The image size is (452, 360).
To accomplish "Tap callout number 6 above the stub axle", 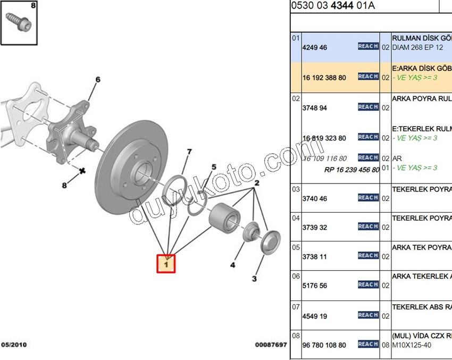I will [x=97, y=80].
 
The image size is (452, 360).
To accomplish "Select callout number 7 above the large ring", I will [x=188, y=153].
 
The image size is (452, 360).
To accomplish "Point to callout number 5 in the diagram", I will [x=214, y=167].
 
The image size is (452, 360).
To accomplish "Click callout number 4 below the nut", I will [x=232, y=264].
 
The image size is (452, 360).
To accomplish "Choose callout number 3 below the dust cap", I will [x=254, y=279].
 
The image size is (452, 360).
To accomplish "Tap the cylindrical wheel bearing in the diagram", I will [x=224, y=218].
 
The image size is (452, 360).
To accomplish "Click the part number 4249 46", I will [x=314, y=47].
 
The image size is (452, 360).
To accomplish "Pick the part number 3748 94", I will [x=314, y=108].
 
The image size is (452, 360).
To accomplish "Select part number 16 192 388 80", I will [x=324, y=78].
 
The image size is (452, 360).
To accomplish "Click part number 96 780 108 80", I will [x=324, y=345].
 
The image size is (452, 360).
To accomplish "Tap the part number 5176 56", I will [x=314, y=286].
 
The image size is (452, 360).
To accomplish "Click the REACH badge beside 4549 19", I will [x=368, y=315].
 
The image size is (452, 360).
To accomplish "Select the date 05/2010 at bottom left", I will [x=14, y=345].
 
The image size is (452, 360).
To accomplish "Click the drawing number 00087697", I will [x=271, y=345].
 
